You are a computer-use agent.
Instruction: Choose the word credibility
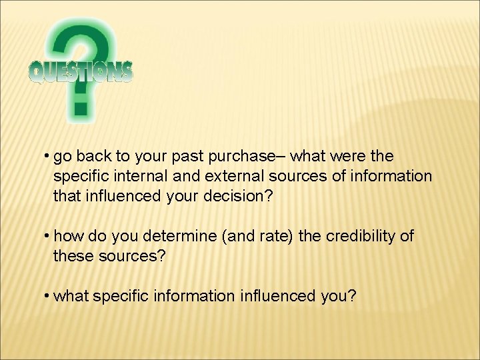click(361, 236)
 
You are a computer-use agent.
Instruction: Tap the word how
click(67, 236)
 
